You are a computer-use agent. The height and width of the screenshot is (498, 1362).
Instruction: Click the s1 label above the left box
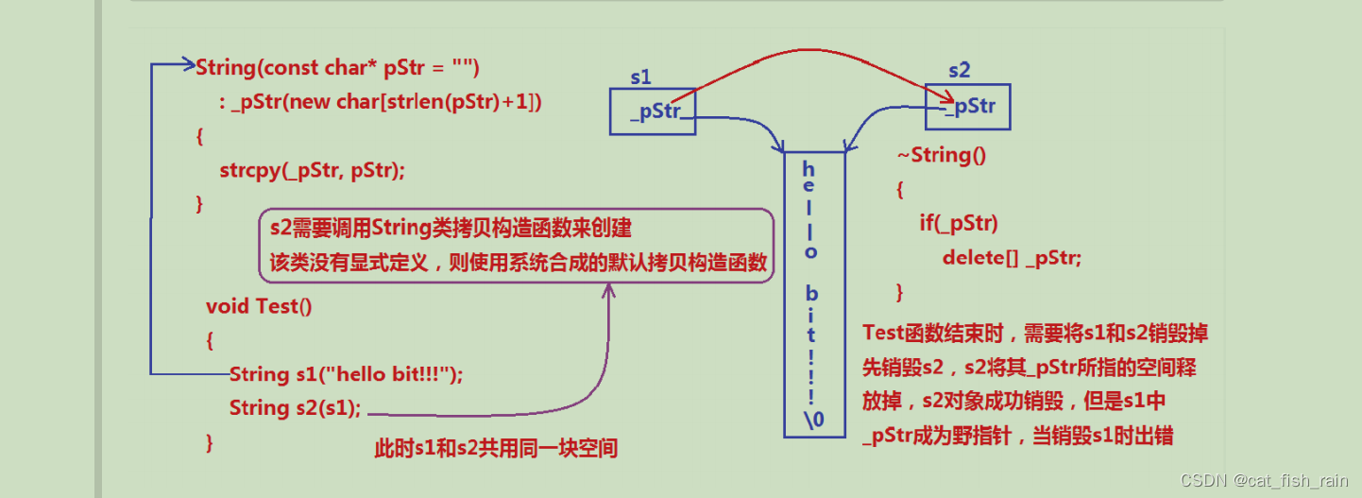pos(641,77)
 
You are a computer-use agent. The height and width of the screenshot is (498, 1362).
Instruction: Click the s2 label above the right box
pos(960,70)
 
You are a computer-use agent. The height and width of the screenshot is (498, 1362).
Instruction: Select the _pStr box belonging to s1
pos(653,112)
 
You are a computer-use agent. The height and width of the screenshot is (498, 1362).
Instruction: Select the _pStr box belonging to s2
pos(967,107)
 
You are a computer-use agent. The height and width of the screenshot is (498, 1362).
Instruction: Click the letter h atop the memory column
pos(808,169)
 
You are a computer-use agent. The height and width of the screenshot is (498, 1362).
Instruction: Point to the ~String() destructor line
pos(942,155)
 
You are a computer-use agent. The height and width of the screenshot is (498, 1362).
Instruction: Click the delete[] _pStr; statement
pos(1012,258)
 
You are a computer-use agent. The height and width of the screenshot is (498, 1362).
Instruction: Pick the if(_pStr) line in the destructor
pos(959,223)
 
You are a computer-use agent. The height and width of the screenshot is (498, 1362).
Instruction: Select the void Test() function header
pos(259,306)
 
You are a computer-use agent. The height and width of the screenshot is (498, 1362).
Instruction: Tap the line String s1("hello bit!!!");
pos(347,374)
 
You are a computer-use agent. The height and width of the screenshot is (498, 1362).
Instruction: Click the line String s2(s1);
pos(295,408)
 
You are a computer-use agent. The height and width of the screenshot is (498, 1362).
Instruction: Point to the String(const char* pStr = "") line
pos(338,67)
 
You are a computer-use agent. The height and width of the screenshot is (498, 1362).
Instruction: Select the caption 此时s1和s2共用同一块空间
pos(496,448)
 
